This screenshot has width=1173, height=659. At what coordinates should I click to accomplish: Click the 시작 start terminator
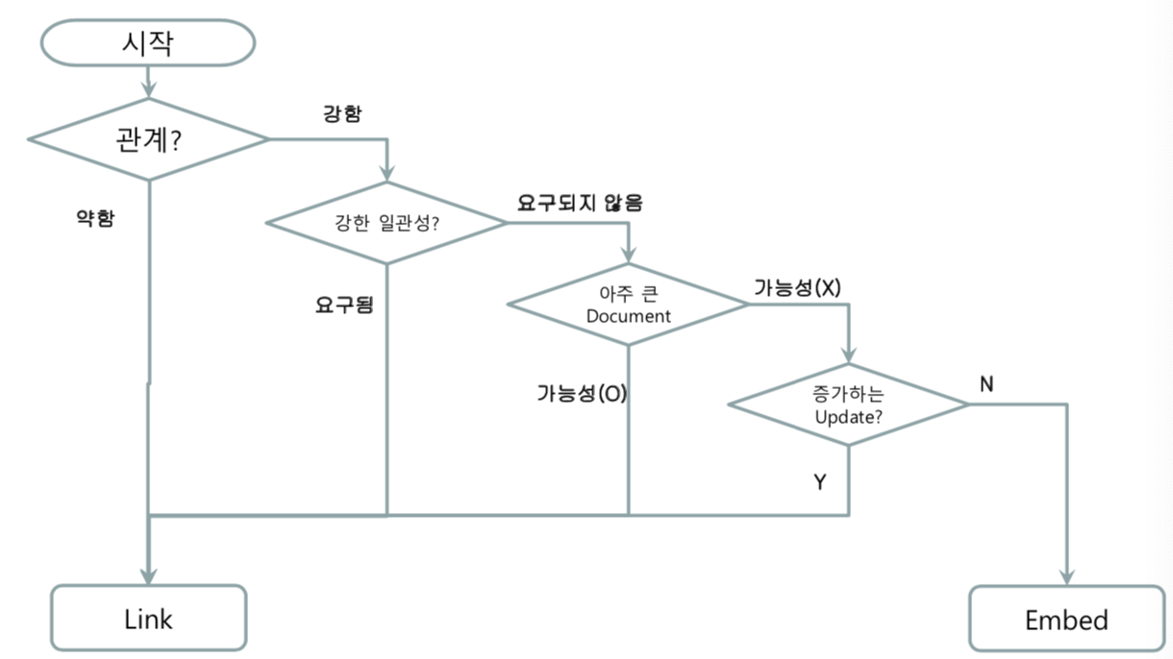147,43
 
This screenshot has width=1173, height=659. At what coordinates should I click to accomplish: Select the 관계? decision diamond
148,139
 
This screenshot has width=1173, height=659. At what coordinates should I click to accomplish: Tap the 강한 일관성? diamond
386,223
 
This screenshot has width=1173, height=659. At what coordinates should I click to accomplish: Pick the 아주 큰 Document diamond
628,305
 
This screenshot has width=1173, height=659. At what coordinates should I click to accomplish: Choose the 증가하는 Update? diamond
848,404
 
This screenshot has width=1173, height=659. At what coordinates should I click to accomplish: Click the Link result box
149,619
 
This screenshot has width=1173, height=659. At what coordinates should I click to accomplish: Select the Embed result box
1066,620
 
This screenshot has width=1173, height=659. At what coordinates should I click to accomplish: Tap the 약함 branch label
94,218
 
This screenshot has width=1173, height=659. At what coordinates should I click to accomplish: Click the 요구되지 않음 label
580,203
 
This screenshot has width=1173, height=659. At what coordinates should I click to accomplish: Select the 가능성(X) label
797,287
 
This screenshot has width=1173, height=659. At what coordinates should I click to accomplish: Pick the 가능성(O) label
582,393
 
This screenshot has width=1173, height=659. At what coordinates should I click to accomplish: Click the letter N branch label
986,384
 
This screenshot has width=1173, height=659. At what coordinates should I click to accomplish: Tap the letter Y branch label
819,482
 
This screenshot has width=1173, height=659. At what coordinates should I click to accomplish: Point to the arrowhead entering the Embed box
1066,575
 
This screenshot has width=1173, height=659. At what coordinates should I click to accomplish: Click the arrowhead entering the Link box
149,574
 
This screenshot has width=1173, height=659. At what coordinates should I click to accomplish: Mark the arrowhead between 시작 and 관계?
148,90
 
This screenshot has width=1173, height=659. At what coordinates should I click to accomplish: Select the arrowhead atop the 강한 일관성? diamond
387,174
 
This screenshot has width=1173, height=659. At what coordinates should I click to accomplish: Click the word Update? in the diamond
849,418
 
